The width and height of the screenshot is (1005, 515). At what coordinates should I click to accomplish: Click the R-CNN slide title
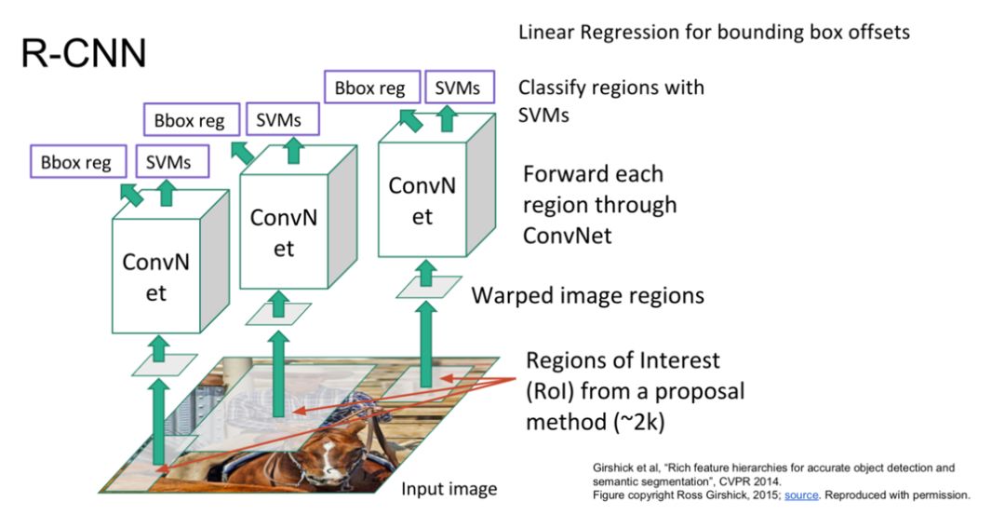[83, 54]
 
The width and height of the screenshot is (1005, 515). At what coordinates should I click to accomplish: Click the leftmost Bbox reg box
[75, 162]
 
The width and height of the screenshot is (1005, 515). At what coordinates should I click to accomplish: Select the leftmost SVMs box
[168, 162]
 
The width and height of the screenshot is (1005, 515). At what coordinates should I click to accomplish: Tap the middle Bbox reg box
[189, 121]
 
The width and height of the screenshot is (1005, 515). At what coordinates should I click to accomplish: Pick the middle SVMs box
[279, 121]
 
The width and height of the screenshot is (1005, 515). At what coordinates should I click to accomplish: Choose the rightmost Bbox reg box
[369, 88]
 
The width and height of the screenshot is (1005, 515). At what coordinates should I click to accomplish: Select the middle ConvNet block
[284, 233]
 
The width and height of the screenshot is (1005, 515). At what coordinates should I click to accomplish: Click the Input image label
[449, 489]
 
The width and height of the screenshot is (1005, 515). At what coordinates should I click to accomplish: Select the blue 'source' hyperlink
[800, 495]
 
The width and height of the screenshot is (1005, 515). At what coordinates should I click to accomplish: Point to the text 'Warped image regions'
[587, 296]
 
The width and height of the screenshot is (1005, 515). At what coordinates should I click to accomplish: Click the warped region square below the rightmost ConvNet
[425, 286]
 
